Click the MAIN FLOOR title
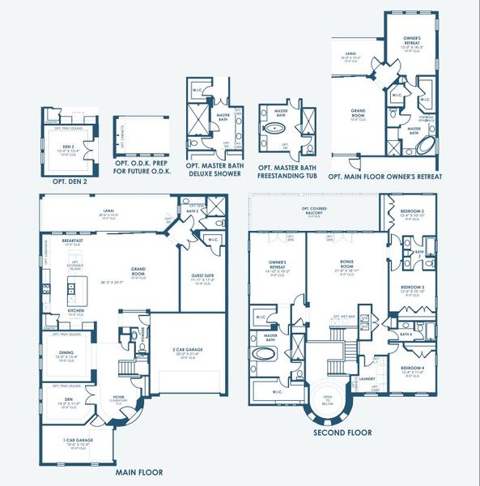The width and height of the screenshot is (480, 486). [x=138, y=472]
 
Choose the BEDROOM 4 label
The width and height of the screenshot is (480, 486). [x=413, y=369]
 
